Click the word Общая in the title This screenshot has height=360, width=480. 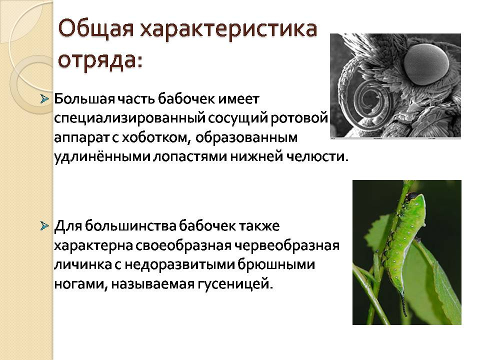96,29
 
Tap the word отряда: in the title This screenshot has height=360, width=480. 100,59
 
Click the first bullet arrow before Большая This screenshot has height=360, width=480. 44,99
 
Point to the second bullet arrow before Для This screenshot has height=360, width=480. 44,226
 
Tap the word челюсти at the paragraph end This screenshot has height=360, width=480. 318,156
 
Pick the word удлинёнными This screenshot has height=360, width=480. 102,157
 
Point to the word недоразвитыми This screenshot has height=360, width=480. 179,265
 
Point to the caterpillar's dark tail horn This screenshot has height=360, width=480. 404,303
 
